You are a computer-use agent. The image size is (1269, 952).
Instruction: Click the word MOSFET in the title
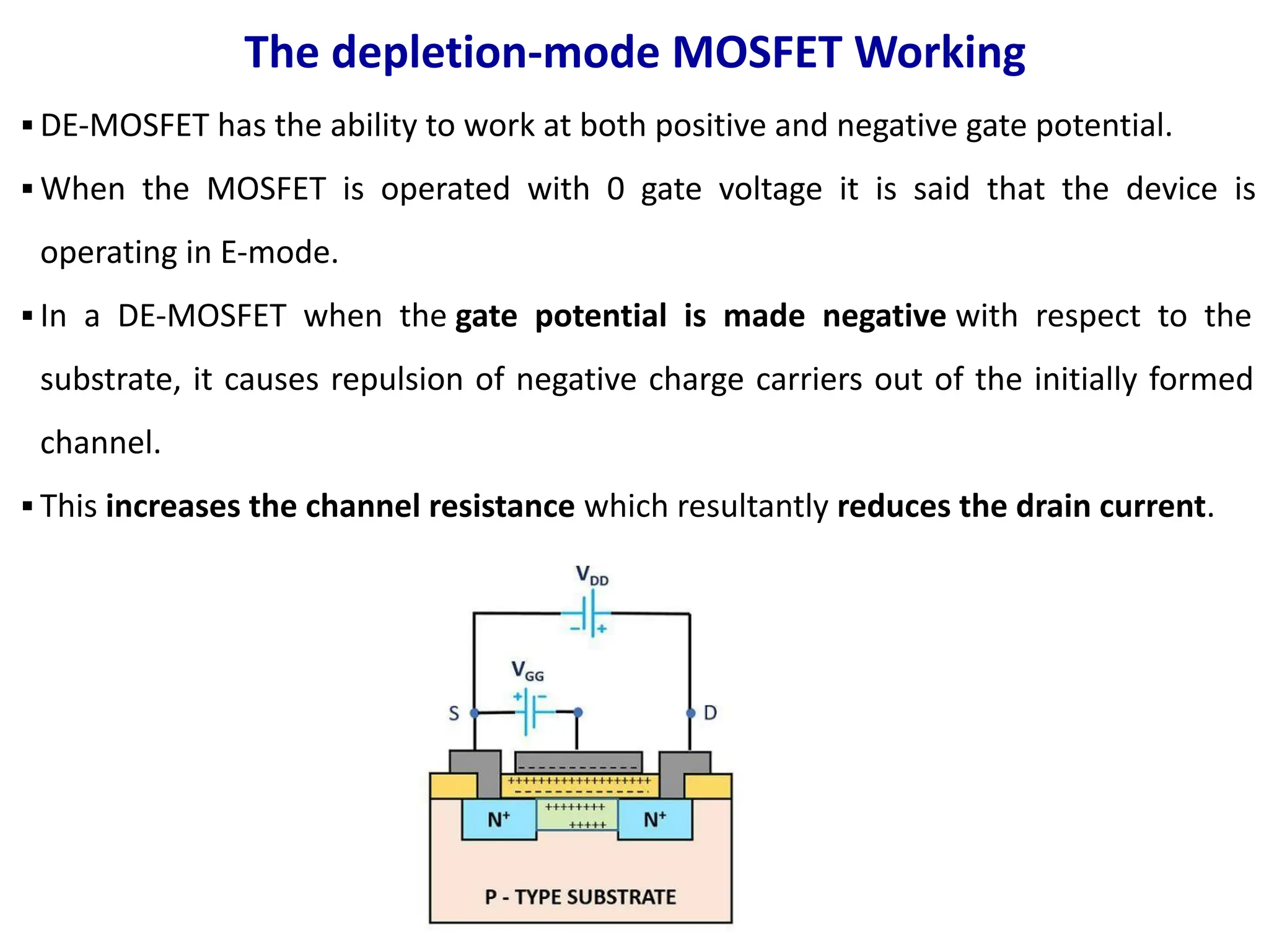(x=757, y=52)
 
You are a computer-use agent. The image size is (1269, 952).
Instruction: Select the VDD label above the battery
(x=592, y=575)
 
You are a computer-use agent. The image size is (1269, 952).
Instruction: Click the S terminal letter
(x=454, y=714)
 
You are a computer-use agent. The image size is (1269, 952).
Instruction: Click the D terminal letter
(x=710, y=713)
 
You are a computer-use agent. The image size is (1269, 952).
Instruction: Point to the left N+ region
(x=498, y=819)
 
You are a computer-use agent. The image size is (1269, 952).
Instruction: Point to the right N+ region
(x=655, y=819)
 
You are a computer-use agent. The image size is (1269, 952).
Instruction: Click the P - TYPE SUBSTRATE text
(x=580, y=897)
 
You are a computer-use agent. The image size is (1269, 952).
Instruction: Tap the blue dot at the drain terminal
(x=691, y=713)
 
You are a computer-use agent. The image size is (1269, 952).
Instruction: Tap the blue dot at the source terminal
(x=475, y=713)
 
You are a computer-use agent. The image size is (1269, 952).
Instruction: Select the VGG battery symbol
(x=531, y=712)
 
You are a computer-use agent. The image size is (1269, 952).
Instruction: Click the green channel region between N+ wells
(x=577, y=815)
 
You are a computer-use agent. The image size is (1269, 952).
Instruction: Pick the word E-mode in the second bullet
(x=279, y=253)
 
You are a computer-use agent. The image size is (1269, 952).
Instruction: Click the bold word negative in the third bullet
(x=884, y=316)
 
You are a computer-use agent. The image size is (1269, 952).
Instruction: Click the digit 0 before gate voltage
(x=615, y=189)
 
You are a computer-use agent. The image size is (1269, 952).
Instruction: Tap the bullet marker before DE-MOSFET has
(x=27, y=126)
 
